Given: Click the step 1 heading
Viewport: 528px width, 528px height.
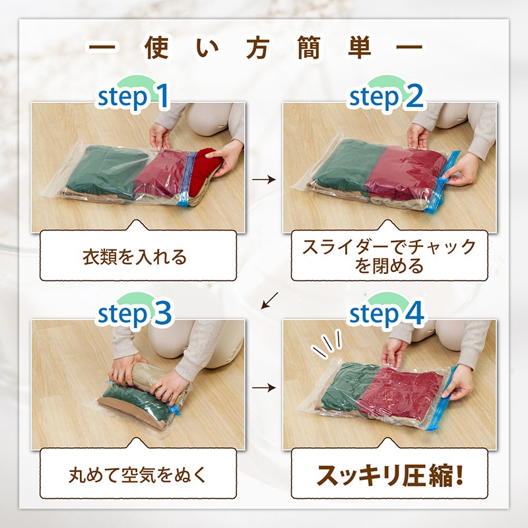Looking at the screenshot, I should (133, 96).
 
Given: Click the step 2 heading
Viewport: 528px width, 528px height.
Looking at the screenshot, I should (387, 96).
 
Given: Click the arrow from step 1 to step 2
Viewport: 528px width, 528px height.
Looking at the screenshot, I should (264, 180).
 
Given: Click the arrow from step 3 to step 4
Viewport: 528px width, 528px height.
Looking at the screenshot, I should (264, 387).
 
